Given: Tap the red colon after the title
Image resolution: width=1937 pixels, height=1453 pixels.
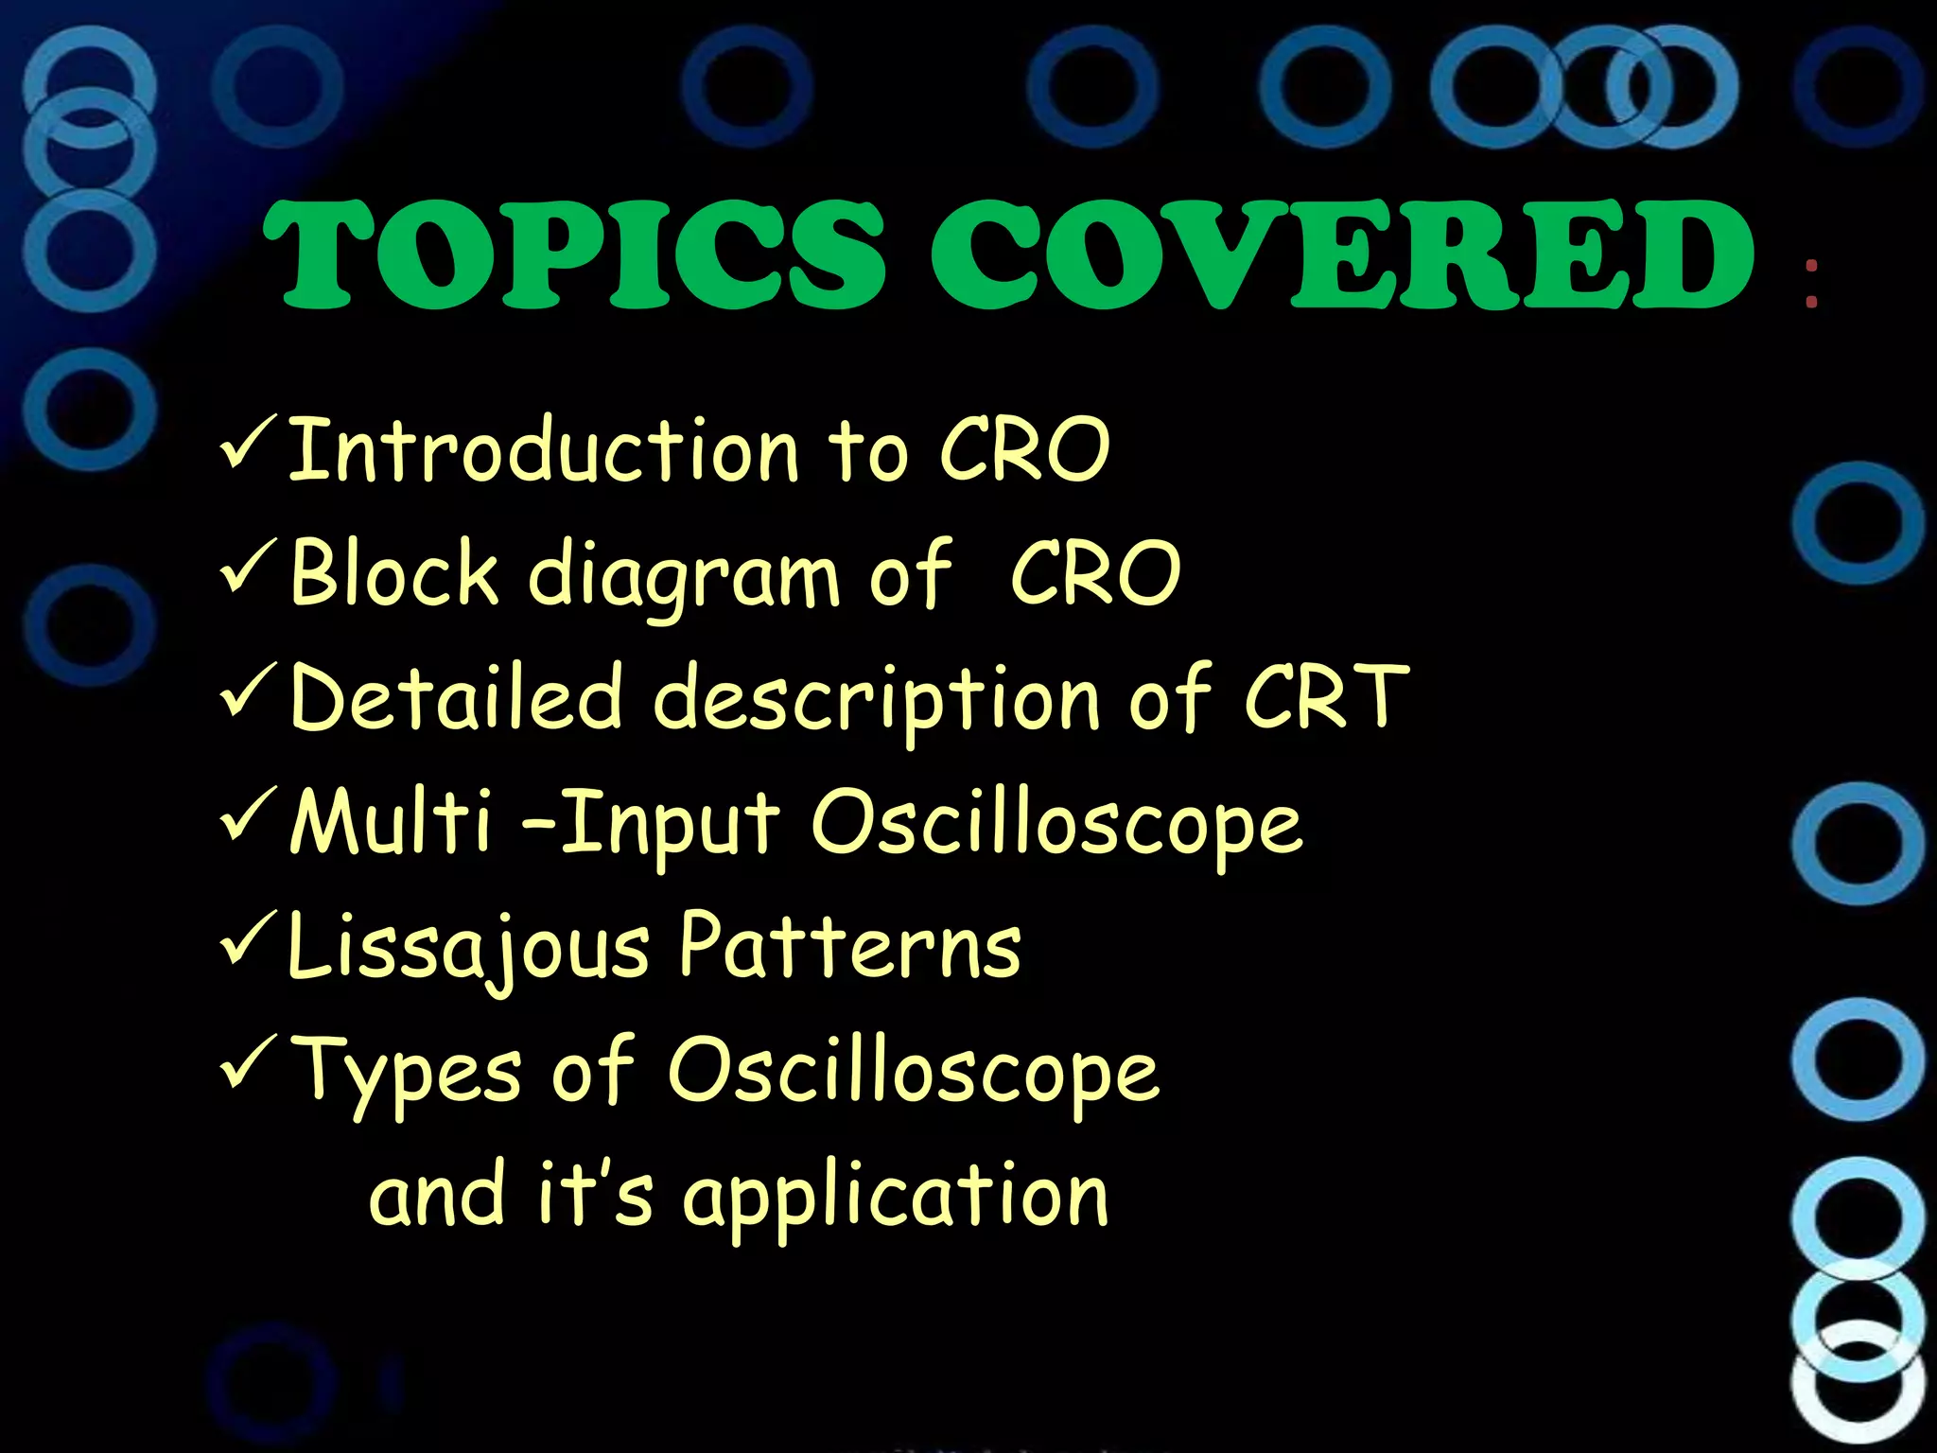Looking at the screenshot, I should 1811,284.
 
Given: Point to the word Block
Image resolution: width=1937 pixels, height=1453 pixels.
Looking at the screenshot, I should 393,573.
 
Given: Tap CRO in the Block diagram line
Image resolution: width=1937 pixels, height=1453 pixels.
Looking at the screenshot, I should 1095,573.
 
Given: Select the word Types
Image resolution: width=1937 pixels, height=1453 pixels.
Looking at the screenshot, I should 407,1073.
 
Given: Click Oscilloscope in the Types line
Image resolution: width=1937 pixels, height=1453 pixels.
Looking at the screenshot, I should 914,1073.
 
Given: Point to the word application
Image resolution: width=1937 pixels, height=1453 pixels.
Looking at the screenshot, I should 895,1198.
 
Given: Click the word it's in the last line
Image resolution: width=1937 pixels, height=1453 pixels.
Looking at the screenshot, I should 595,1194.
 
